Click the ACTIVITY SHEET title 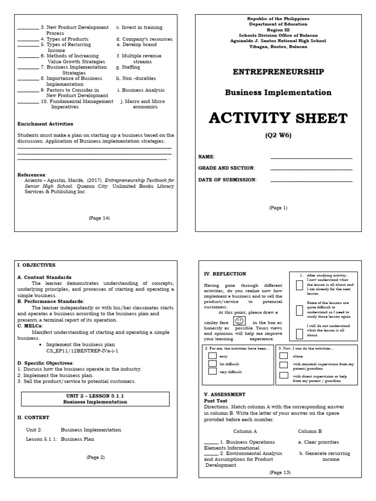click(x=278, y=118)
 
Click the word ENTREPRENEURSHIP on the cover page click(x=278, y=72)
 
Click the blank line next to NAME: click(x=311, y=158)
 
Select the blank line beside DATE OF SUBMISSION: click(x=311, y=181)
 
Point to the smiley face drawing click(x=239, y=321)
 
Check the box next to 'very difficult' click(x=212, y=371)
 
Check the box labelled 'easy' click(x=212, y=356)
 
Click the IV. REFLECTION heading click(x=225, y=274)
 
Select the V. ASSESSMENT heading click(x=225, y=394)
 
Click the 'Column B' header click(x=310, y=431)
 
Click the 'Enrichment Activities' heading click(x=45, y=124)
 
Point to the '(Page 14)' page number click(x=99, y=218)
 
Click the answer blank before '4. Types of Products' click(x=28, y=39)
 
